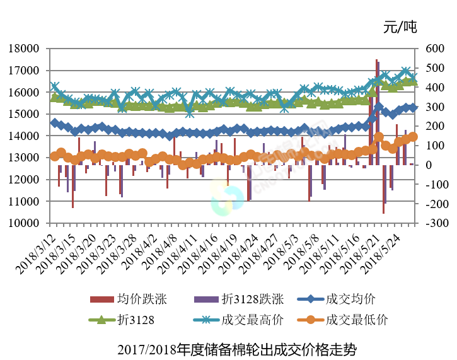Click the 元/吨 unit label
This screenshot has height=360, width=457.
(x=400, y=27)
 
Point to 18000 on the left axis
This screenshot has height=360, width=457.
(x=23, y=49)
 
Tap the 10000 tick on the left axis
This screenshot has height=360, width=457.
(x=23, y=223)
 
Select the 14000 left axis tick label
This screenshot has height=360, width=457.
(x=23, y=136)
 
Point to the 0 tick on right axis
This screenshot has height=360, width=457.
(x=429, y=165)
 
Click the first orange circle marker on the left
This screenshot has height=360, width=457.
(x=54, y=156)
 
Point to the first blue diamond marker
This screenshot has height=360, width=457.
(x=54, y=124)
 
